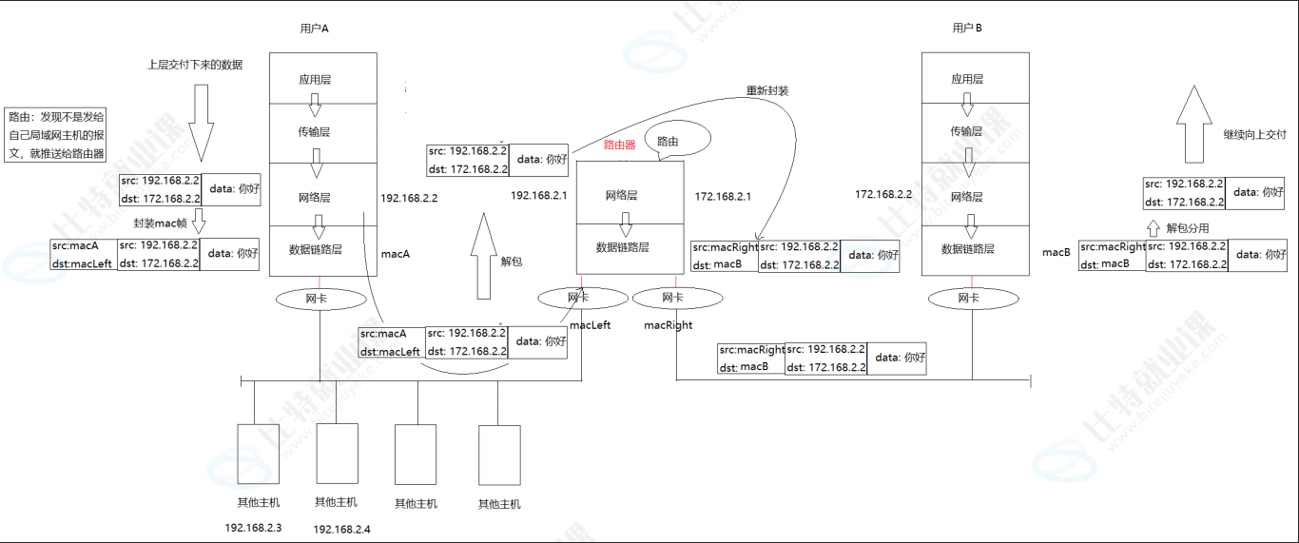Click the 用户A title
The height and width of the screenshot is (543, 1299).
click(x=314, y=29)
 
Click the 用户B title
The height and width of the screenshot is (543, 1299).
click(x=967, y=29)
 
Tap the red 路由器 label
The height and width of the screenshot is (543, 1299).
click(x=620, y=145)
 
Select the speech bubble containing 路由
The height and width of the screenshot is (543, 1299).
click(x=677, y=140)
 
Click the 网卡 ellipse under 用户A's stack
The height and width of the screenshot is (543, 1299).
click(x=320, y=299)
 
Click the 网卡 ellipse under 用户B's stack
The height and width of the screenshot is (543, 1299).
click(x=968, y=299)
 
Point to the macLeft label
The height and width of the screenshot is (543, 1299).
click(x=590, y=325)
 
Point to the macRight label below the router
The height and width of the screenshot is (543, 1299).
click(x=668, y=325)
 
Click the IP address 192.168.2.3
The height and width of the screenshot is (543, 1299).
click(x=253, y=527)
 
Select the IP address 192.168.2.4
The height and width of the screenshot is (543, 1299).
click(x=341, y=529)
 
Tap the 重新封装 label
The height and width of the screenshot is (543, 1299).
click(x=767, y=91)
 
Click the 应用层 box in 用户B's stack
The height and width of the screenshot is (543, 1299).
click(x=967, y=79)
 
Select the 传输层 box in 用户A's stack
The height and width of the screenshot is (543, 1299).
click(x=314, y=132)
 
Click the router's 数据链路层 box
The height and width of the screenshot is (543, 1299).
click(x=622, y=247)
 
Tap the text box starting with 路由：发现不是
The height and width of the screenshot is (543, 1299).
click(x=56, y=134)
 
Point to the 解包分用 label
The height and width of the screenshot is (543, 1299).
click(x=1188, y=228)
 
